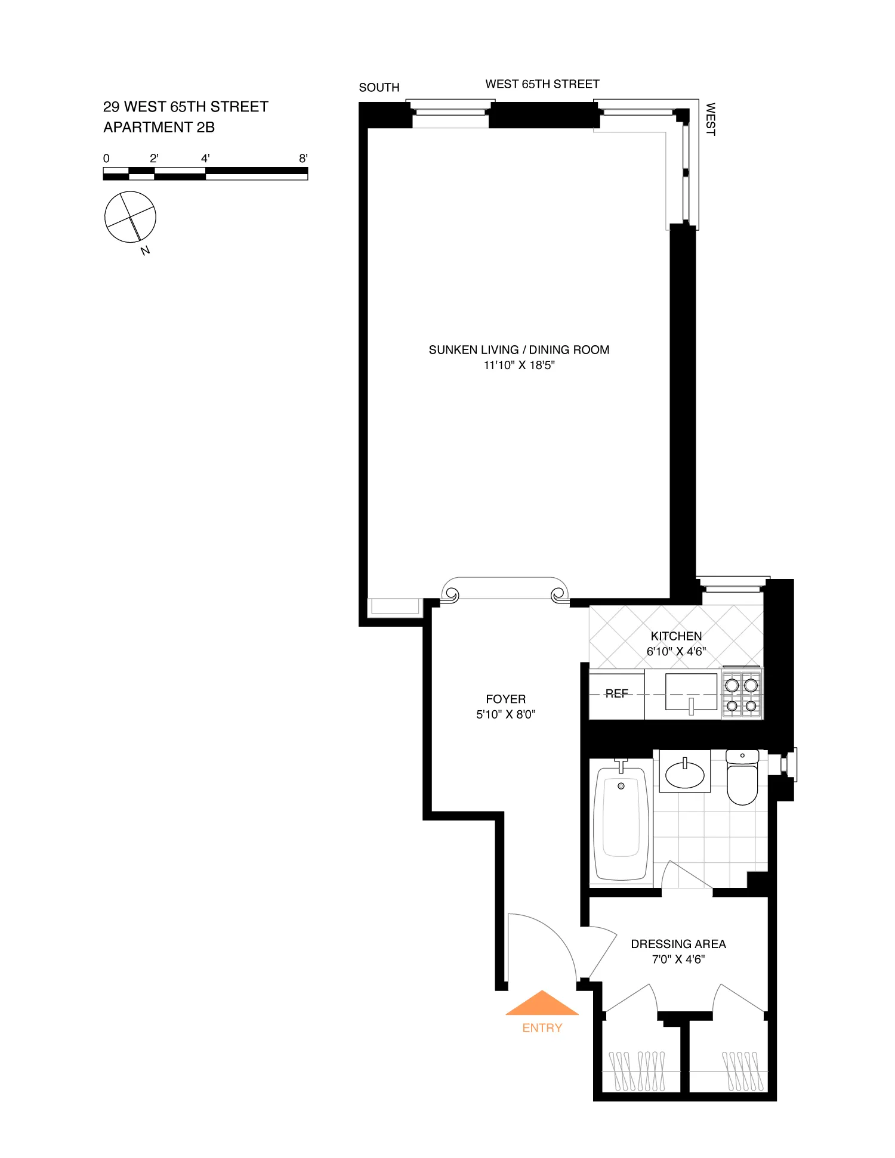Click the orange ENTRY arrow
click(x=542, y=1004)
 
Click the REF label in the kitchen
click(x=616, y=693)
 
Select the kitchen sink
click(x=691, y=692)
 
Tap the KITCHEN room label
click(x=676, y=636)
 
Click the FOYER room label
click(x=505, y=699)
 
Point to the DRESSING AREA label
click(x=678, y=944)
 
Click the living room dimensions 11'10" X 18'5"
click(x=519, y=366)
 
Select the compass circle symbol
click(x=130, y=217)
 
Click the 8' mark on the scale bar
click(x=303, y=159)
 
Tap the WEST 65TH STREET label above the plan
click(x=542, y=84)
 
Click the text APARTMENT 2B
click(x=159, y=127)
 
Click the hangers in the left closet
click(x=637, y=1070)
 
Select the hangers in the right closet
click(x=742, y=1070)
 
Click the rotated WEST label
click(x=710, y=119)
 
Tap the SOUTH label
click(x=379, y=88)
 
